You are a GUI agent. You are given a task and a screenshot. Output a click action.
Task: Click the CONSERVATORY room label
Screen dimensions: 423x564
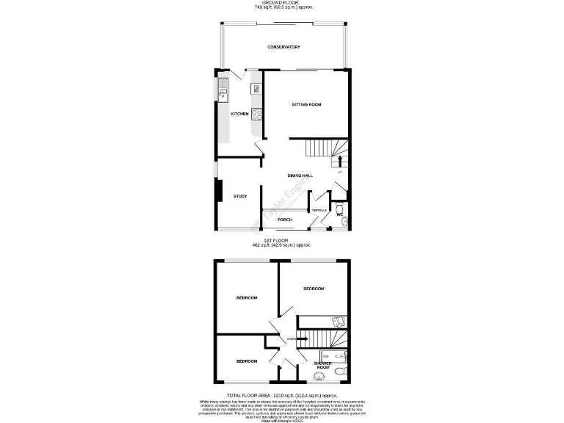283,47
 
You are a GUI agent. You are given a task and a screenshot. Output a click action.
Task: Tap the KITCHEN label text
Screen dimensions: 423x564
239,114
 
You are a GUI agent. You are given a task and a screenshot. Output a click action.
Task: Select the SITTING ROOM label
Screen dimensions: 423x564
307,104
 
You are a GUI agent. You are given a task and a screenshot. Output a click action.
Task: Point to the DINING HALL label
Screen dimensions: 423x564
300,175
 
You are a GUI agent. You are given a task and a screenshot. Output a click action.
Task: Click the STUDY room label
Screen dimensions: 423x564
239,196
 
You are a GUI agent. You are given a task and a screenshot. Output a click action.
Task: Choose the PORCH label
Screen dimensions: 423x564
285,220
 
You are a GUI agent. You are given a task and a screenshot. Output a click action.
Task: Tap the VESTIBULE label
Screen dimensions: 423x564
319,211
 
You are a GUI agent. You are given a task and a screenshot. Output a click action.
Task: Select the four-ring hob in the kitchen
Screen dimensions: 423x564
257,114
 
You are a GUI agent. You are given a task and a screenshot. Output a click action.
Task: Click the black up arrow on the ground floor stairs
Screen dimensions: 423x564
339,161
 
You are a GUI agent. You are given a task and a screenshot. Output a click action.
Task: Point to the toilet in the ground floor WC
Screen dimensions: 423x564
340,208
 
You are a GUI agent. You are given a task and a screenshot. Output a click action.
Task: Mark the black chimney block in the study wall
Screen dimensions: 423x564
217,192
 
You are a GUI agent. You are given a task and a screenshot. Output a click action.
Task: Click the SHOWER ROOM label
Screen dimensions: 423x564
323,365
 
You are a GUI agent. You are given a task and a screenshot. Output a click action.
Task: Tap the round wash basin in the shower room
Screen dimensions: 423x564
318,377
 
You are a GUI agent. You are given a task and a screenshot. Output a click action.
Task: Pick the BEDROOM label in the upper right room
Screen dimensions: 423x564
314,289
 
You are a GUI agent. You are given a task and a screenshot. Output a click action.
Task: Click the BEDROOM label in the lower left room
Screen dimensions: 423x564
246,361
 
